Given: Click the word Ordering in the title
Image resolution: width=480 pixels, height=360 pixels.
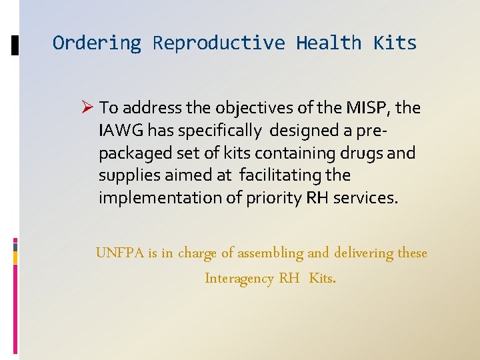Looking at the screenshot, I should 97,43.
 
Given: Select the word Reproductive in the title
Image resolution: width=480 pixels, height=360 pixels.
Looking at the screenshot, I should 219,43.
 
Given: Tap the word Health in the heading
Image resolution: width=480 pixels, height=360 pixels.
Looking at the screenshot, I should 329,43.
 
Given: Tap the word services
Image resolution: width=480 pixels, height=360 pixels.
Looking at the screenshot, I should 365,199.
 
